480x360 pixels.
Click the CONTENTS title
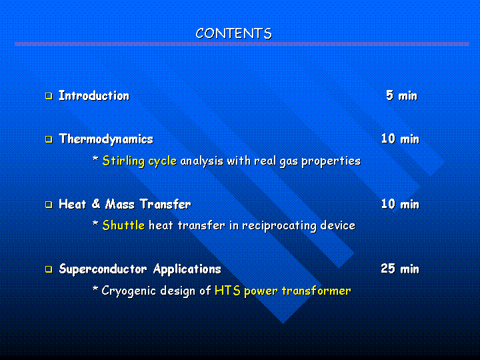click(x=233, y=33)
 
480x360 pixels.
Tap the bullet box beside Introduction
click(x=49, y=96)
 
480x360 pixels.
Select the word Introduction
click(x=94, y=95)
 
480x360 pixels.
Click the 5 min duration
click(x=401, y=95)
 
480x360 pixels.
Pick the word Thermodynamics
click(x=106, y=139)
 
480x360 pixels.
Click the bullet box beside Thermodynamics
click(x=49, y=139)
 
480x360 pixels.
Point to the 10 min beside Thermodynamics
click(x=400, y=139)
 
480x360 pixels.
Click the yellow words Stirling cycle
click(x=139, y=161)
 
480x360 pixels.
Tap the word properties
click(x=331, y=161)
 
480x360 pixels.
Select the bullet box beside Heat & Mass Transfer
click(x=49, y=205)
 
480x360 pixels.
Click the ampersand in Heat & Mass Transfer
click(x=96, y=204)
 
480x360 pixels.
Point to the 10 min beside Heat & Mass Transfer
click(x=400, y=204)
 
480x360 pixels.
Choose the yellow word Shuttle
click(x=123, y=225)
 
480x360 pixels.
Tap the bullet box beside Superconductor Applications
click(x=49, y=269)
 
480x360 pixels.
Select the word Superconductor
click(x=103, y=269)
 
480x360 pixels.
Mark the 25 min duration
click(x=400, y=269)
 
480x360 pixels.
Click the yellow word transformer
click(x=316, y=291)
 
